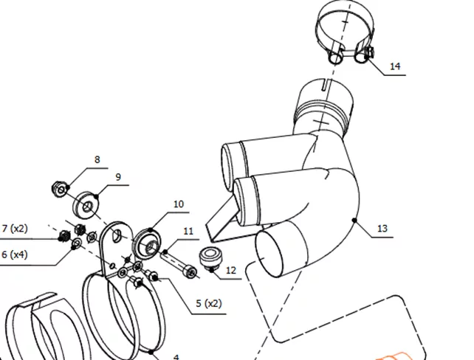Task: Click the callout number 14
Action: [x=395, y=66]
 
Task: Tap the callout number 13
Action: [x=382, y=229]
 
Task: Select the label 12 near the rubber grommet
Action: [x=230, y=270]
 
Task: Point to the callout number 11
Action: [x=188, y=232]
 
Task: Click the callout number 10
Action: [x=179, y=204]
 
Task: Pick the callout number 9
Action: [x=118, y=177]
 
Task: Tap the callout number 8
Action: [x=97, y=159]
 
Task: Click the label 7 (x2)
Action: [x=15, y=229]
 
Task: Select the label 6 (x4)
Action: [x=15, y=255]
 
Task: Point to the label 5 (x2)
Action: [x=209, y=303]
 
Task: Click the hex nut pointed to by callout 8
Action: [x=59, y=189]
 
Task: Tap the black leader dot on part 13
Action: [x=354, y=220]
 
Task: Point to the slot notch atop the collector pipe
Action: [x=325, y=84]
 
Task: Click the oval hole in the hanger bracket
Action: [x=116, y=235]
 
